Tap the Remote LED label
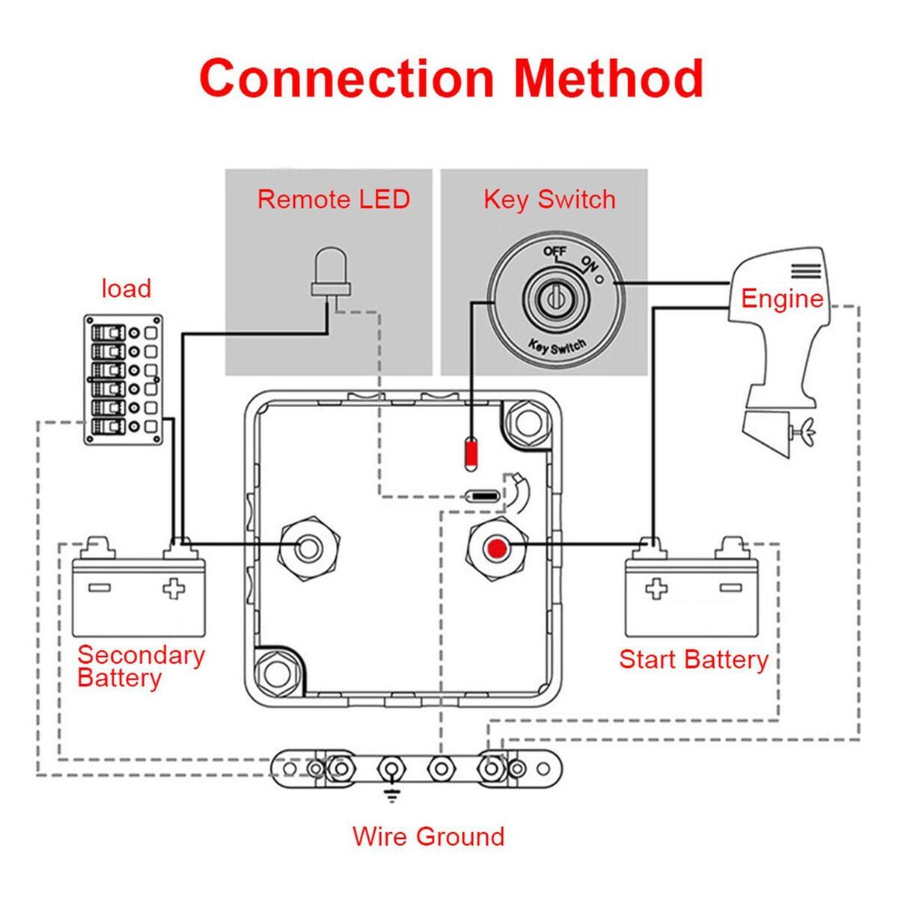point(334,200)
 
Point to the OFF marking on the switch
point(555,251)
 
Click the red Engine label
point(782,299)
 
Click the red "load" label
point(126,288)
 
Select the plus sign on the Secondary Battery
point(174,589)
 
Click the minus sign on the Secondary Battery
point(100,587)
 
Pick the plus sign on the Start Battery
point(656,589)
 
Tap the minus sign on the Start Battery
point(730,587)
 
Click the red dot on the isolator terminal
point(498,549)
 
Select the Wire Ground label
point(429,849)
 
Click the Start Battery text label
point(694,660)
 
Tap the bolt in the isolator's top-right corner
point(528,424)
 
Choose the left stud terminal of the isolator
point(308,549)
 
